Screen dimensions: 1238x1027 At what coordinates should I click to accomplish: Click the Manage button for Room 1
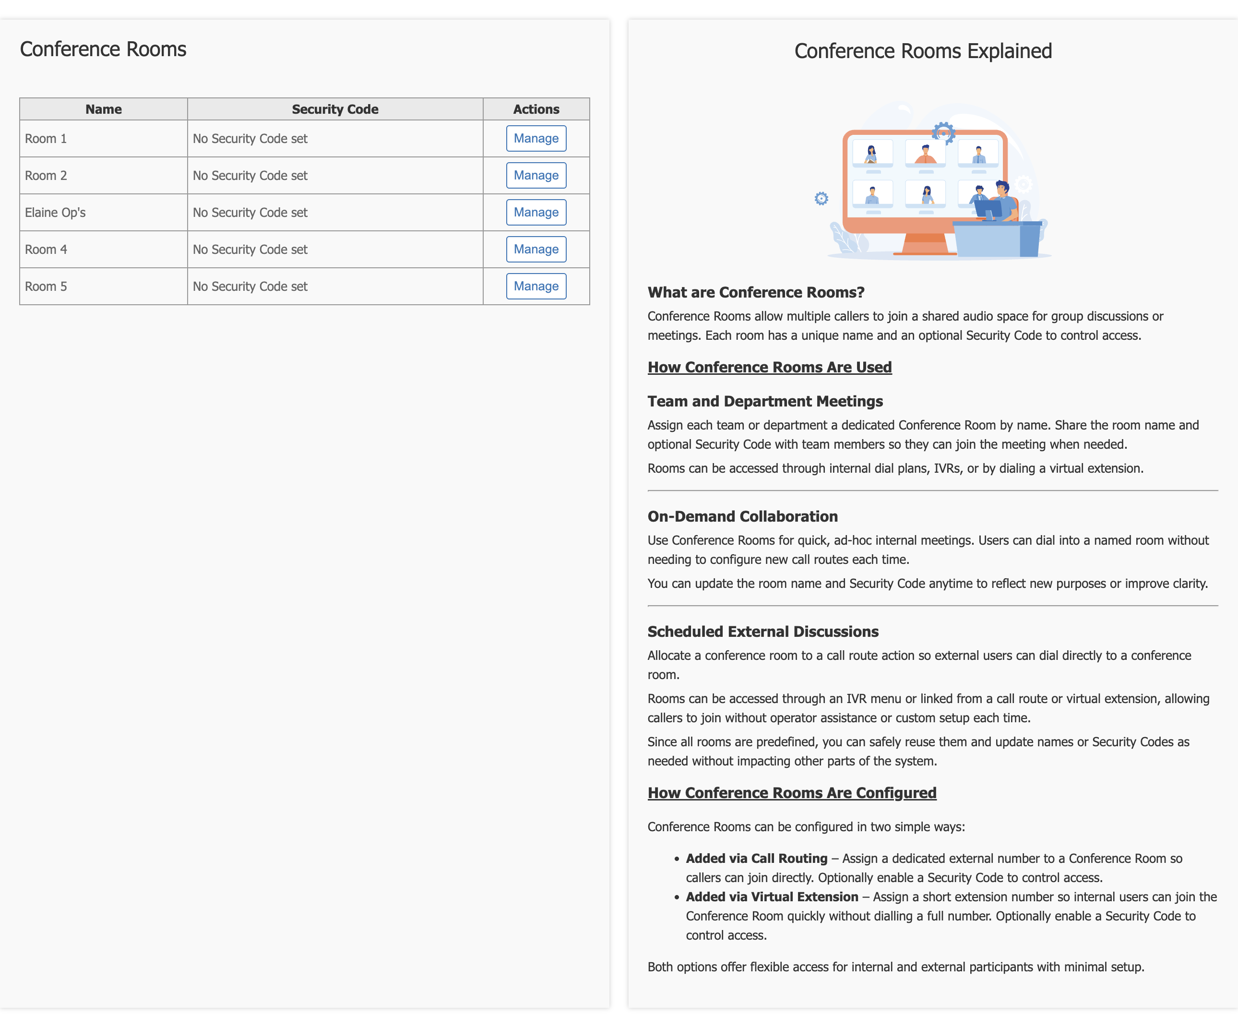click(x=536, y=139)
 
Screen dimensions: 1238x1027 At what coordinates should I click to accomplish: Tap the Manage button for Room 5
click(x=536, y=287)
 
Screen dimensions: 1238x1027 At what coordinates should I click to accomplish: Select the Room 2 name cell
click(x=104, y=176)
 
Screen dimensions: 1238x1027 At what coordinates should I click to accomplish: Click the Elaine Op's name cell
click(x=104, y=212)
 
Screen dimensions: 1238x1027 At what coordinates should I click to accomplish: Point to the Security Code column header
click(x=335, y=109)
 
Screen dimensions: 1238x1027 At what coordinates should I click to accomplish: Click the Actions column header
click(x=536, y=109)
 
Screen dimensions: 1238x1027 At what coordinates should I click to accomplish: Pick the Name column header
click(x=104, y=109)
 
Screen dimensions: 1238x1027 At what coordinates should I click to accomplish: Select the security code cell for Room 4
click(x=335, y=250)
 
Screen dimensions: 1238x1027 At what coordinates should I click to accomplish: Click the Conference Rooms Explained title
click(x=923, y=51)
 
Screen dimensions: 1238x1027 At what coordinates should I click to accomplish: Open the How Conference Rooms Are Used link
click(x=769, y=367)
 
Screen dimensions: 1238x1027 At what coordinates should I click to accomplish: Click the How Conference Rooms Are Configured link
click(x=792, y=793)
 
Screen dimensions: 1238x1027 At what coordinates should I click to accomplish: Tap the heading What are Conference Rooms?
click(x=756, y=292)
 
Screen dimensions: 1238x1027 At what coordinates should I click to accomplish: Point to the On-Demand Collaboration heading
click(x=742, y=516)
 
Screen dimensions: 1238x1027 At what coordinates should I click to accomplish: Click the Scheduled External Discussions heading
click(x=763, y=632)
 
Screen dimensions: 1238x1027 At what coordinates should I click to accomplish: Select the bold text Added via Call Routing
click(x=756, y=859)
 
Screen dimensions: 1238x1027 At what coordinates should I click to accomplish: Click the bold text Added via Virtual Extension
click(x=772, y=897)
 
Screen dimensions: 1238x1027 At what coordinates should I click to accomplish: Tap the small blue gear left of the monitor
click(x=821, y=199)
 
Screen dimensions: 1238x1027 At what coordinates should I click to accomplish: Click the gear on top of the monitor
click(x=943, y=133)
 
